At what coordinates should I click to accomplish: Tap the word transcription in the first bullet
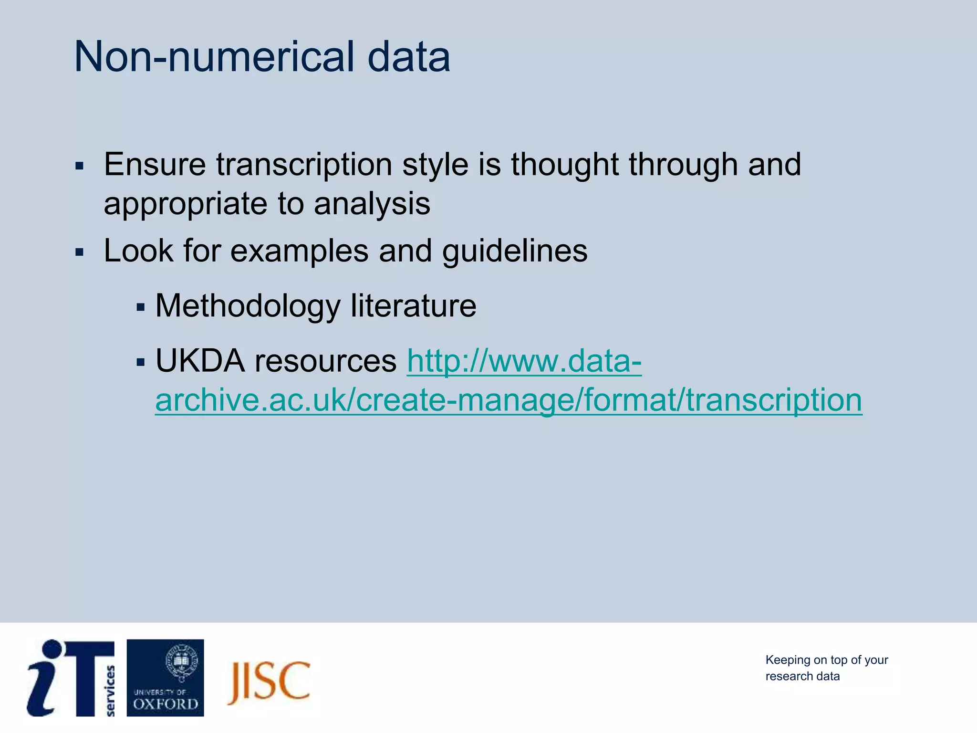click(304, 165)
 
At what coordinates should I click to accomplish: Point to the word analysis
click(372, 204)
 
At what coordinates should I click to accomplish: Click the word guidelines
click(515, 251)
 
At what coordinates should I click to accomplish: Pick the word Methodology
click(248, 306)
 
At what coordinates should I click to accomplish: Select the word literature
click(413, 306)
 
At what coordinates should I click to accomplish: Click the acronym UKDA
click(200, 361)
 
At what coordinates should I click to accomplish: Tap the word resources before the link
click(325, 361)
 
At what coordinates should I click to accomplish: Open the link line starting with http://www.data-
click(524, 361)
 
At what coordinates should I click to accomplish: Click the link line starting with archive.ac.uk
click(509, 400)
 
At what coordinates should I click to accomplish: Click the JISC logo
click(269, 682)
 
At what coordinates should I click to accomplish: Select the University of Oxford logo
click(165, 678)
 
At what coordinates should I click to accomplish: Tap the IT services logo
click(71, 678)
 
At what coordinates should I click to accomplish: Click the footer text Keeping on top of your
click(826, 660)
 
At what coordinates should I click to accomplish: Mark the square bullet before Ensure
click(79, 166)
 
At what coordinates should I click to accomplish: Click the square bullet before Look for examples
click(79, 252)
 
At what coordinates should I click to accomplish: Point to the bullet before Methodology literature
click(140, 307)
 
